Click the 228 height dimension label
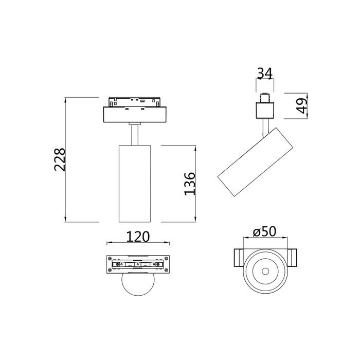[x=60, y=159]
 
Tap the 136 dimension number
[x=190, y=184]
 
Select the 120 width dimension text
[x=138, y=237]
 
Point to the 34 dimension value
[x=265, y=74]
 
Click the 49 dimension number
[x=302, y=106]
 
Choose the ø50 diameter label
[x=264, y=231]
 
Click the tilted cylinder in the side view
[x=255, y=162]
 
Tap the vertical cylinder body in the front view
[x=135, y=184]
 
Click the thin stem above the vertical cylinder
[x=135, y=135]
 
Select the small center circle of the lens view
[x=265, y=272]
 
